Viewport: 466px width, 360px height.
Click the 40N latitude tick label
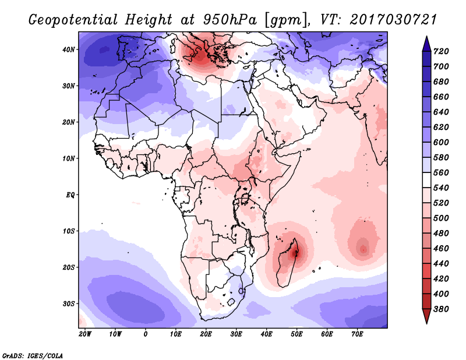click(x=69, y=50)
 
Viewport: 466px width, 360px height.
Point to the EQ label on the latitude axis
click(x=70, y=195)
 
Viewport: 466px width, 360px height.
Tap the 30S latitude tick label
click(x=69, y=304)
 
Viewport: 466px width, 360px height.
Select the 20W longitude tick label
click(x=85, y=334)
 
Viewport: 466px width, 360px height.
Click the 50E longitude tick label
click(x=296, y=334)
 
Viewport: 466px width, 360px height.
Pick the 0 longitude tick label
click(x=145, y=334)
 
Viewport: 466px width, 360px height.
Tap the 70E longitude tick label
click(x=357, y=334)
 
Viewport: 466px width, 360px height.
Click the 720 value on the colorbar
click(x=441, y=51)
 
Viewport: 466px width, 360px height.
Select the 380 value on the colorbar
click(x=441, y=309)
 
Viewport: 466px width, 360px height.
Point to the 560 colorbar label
click(x=441, y=172)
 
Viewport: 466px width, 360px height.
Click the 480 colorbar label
click(x=441, y=234)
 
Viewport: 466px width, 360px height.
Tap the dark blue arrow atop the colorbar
click(x=426, y=44)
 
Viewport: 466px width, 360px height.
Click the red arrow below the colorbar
click(x=426, y=316)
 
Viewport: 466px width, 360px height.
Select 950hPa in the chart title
click(x=230, y=20)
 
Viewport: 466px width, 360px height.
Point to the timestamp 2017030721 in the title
click(x=393, y=20)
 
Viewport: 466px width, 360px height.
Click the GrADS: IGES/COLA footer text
click(x=33, y=356)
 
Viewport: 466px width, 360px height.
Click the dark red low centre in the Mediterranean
click(x=199, y=56)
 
